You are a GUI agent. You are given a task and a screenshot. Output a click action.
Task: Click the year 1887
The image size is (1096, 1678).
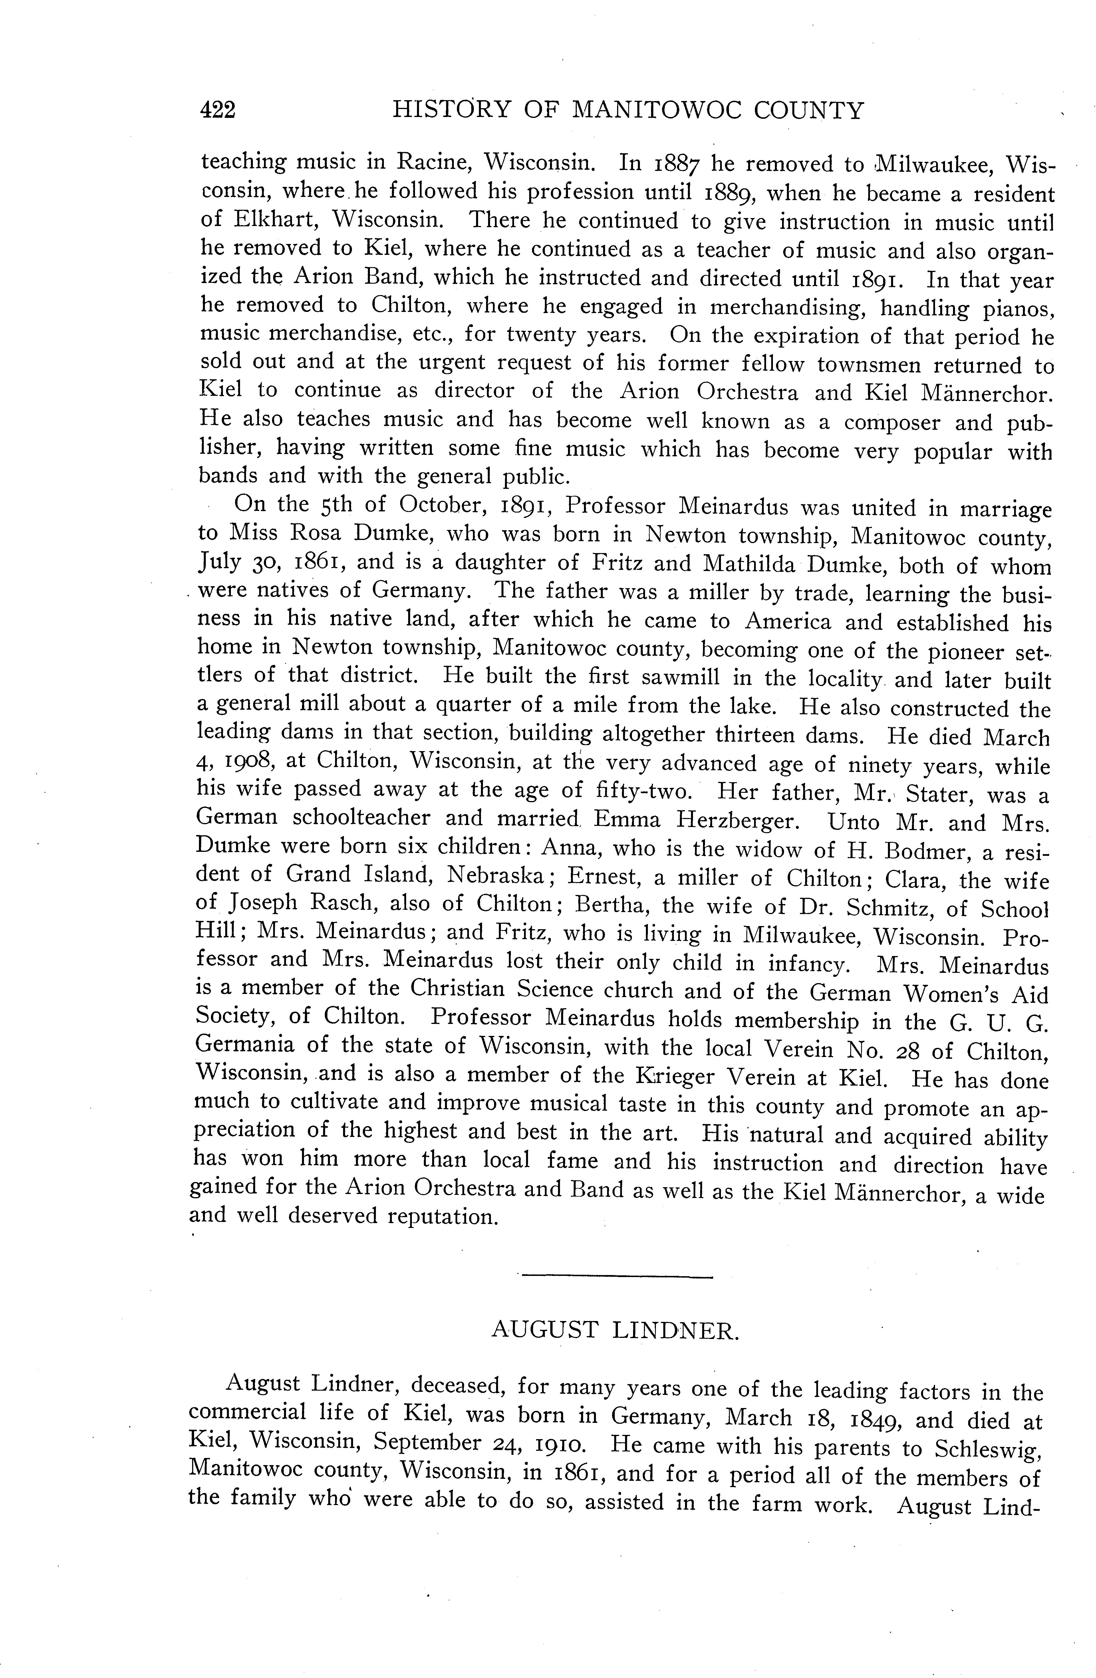[674, 164]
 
